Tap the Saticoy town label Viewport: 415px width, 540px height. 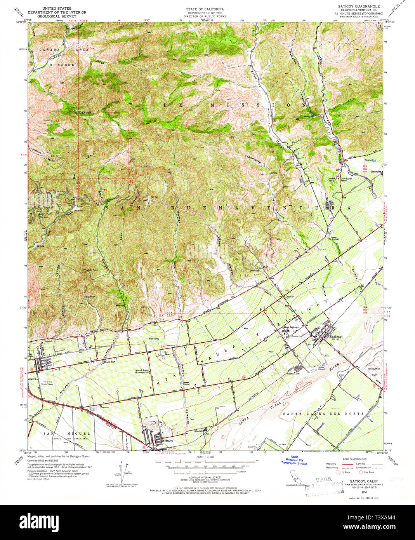[335, 337]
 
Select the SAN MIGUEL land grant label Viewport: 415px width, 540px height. [66, 433]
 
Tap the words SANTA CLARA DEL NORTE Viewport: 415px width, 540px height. [324, 414]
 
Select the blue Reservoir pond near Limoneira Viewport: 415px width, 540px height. [374, 160]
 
